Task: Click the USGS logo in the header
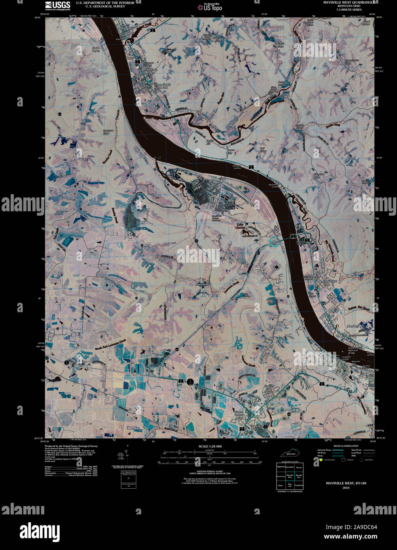(x=58, y=6)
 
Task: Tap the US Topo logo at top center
(x=210, y=7)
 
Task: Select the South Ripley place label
(x=96, y=49)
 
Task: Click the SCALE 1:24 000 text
(x=208, y=446)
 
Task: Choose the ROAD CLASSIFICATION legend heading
(x=345, y=446)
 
